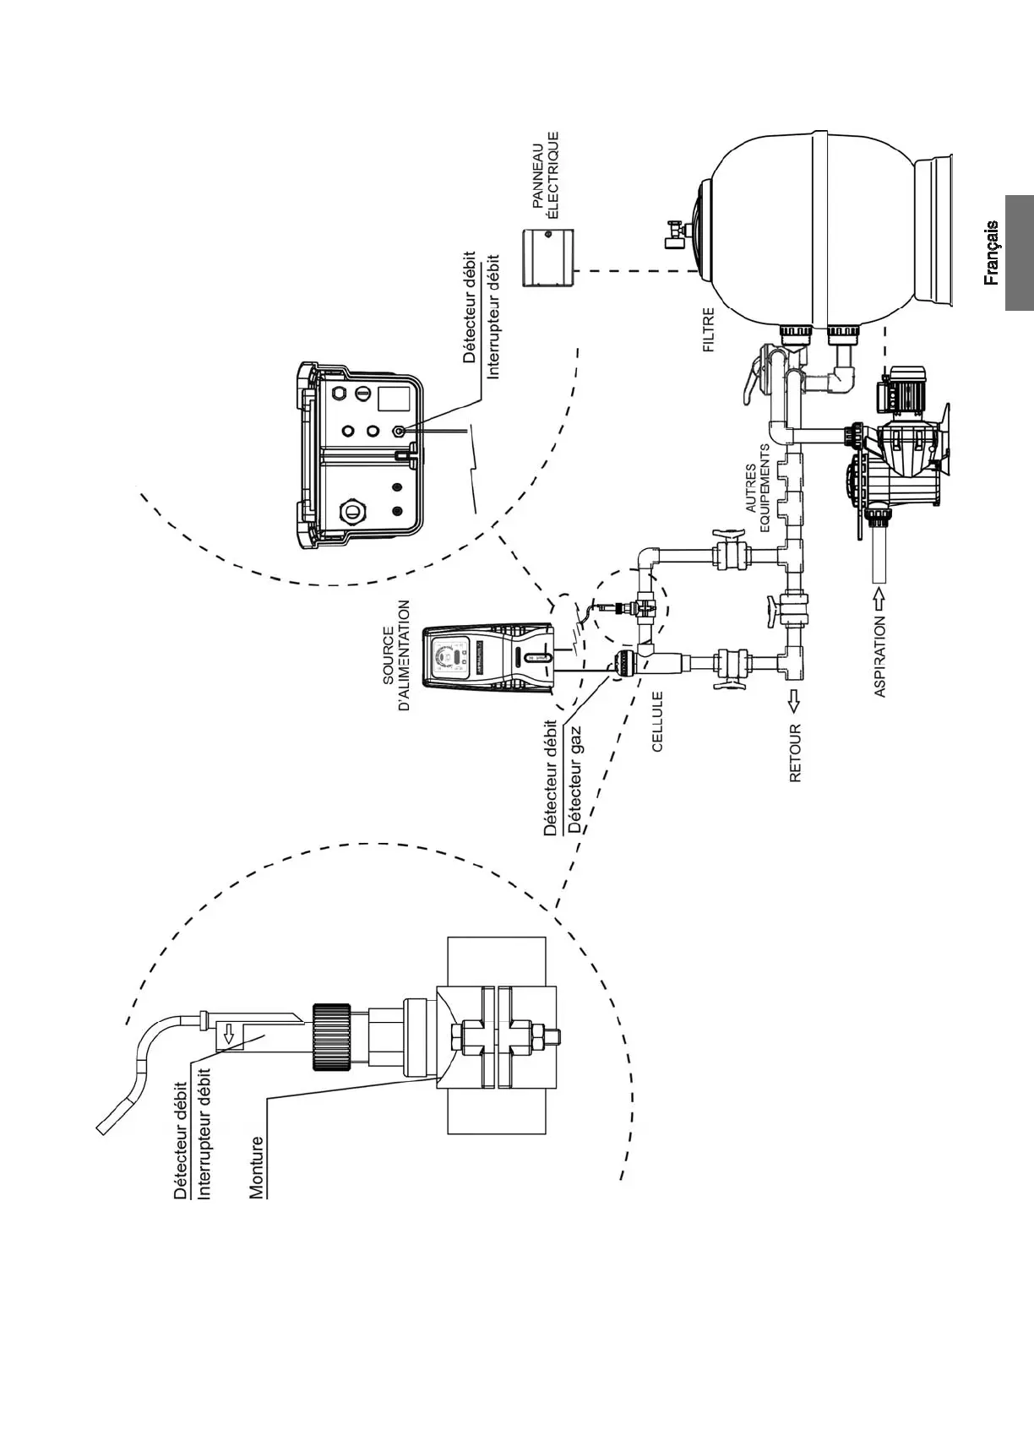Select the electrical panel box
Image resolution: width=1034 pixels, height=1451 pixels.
click(x=548, y=257)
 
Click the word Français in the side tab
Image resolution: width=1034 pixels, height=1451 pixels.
click(x=992, y=253)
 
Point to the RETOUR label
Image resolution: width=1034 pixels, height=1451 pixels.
click(x=795, y=753)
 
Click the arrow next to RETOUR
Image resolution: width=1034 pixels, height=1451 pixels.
click(x=795, y=699)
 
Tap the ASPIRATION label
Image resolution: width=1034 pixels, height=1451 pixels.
click(x=880, y=656)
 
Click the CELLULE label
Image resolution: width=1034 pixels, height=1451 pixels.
click(x=657, y=722)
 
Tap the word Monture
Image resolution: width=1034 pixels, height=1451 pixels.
click(x=257, y=1167)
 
